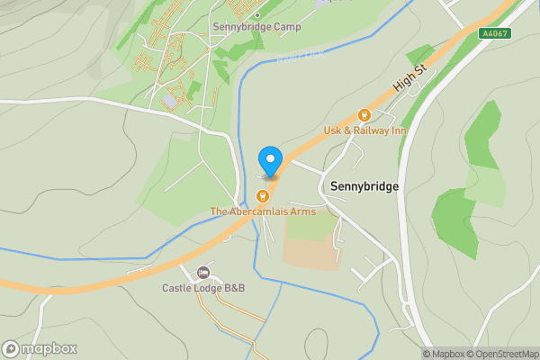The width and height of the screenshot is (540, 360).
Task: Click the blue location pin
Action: click(x=269, y=160)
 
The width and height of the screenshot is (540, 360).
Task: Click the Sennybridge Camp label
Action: click(x=257, y=27)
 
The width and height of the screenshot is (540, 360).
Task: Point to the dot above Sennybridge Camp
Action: click(x=257, y=14)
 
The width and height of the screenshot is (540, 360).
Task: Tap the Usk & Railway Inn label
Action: click(x=364, y=130)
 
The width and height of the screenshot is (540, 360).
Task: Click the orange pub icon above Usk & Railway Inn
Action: click(x=364, y=115)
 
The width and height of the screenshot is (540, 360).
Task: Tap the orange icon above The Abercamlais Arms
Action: click(x=264, y=195)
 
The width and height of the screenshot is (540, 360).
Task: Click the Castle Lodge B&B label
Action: click(x=203, y=288)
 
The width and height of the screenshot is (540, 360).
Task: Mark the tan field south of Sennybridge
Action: click(x=312, y=243)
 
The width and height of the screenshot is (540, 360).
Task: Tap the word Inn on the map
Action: click(x=397, y=130)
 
